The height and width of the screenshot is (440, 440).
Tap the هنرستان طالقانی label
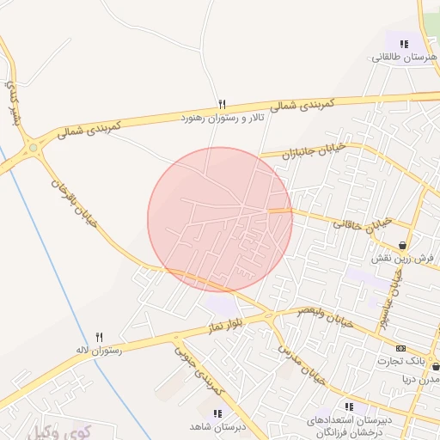point(405,58)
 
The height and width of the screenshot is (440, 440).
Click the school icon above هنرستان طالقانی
point(404,43)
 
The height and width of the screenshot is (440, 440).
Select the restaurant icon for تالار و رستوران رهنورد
point(222,104)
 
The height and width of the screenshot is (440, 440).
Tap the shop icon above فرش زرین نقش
point(402,245)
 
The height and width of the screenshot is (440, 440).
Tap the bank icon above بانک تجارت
point(400,348)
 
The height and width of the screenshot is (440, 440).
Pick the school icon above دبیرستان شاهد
point(217,413)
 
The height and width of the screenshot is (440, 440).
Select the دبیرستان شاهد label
point(217,426)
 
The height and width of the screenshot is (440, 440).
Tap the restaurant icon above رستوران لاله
point(99,337)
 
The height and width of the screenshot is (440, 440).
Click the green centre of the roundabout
point(34,148)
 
